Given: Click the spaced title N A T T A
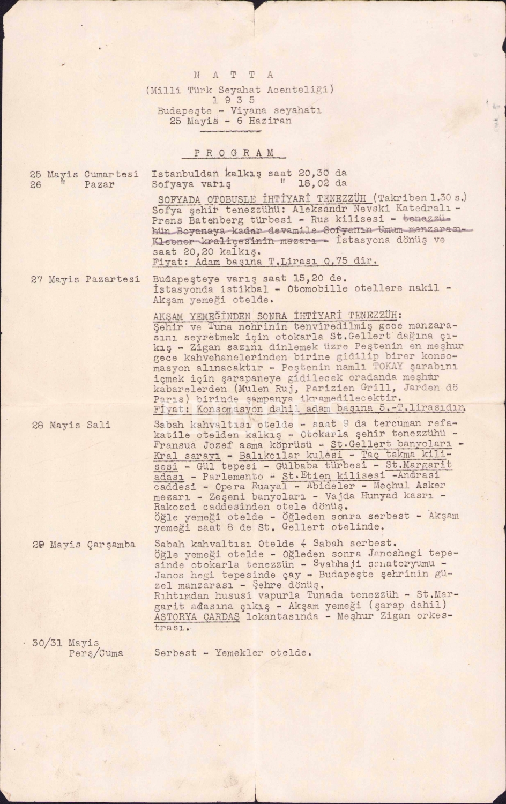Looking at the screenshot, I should coord(234,75).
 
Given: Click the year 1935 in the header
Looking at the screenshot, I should coord(234,100).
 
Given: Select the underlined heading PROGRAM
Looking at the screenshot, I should coord(234,153).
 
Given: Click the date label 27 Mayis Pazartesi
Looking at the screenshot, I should coord(85,279).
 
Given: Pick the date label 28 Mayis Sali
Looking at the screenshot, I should coord(71,425).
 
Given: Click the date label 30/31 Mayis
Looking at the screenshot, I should coord(65,643).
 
